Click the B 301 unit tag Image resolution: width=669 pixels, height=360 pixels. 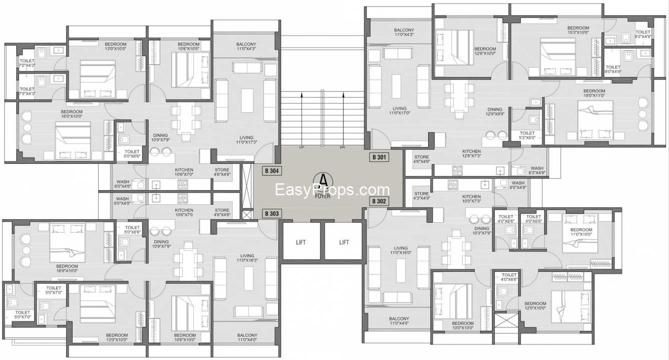click(379, 157)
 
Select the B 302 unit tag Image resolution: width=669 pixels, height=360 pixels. click(379, 201)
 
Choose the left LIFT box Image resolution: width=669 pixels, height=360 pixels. click(300, 242)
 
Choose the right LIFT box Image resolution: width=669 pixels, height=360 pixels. click(344, 242)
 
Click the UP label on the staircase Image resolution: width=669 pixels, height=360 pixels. click(301, 148)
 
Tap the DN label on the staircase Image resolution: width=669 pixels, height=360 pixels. click(343, 148)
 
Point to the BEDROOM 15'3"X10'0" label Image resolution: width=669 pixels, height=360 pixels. click(578, 30)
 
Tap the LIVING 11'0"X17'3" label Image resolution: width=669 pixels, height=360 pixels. click(246, 140)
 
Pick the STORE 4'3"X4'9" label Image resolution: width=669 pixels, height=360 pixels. click(422, 196)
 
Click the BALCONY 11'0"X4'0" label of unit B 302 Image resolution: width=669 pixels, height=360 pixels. click(399, 321)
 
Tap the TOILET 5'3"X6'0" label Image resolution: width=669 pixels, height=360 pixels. click(527, 135)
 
